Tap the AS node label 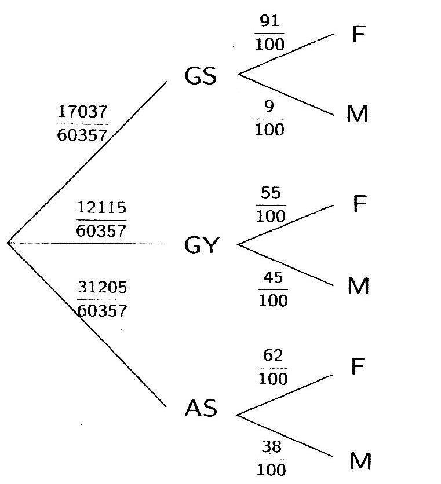[x=201, y=409]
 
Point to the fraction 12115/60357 [x=101, y=219]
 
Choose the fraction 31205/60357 [x=101, y=299]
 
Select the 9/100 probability [x=270, y=119]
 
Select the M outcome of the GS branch [x=359, y=115]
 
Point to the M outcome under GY [x=359, y=287]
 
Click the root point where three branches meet [x=8, y=243]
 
